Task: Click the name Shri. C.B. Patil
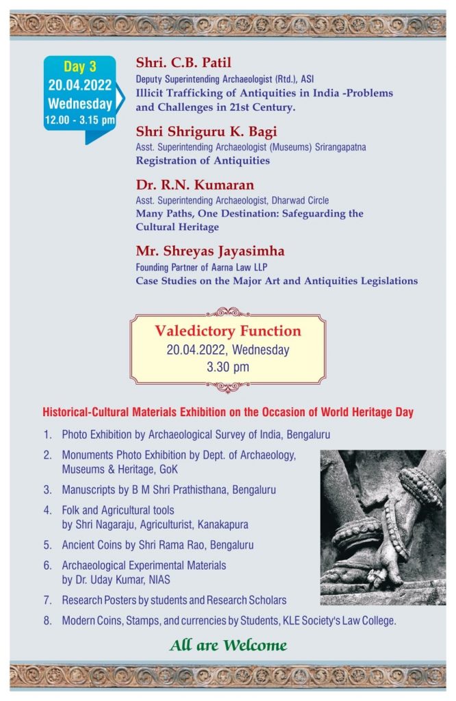[183, 64]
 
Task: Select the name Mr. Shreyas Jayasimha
[210, 251]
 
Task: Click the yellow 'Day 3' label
[79, 66]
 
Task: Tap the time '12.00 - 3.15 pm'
[79, 120]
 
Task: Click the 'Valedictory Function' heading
[228, 331]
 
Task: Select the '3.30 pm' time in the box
[228, 367]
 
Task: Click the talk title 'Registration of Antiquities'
[203, 161]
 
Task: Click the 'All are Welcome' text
[228, 645]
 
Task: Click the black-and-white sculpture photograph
[383, 527]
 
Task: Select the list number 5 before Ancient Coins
[47, 546]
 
